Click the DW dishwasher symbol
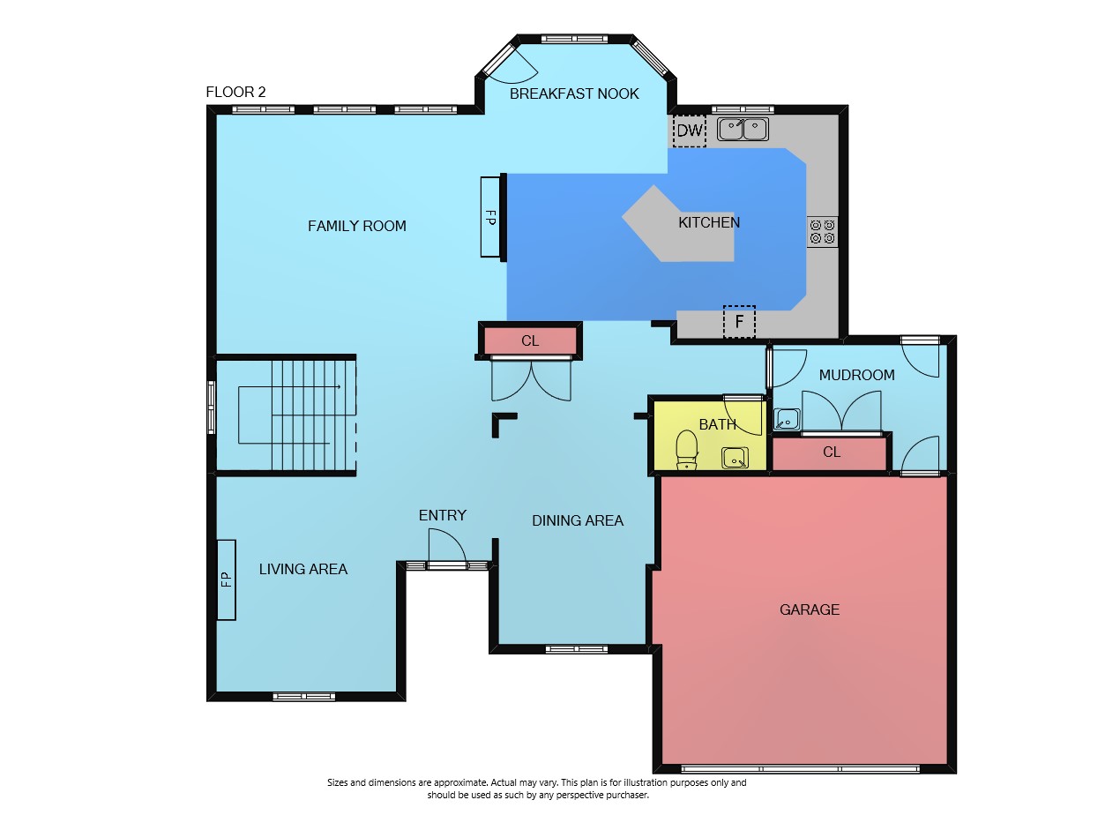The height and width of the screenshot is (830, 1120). tap(690, 131)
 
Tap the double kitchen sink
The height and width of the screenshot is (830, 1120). tap(743, 130)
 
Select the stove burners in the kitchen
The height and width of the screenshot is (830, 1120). tap(822, 232)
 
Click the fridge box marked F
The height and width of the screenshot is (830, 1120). tap(739, 321)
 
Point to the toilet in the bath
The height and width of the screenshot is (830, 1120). tap(686, 449)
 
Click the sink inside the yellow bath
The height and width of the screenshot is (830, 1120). tap(735, 458)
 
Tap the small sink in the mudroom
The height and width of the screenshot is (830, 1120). tap(787, 419)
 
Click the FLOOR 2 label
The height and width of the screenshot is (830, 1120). tap(235, 92)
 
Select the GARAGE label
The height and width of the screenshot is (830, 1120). tap(810, 609)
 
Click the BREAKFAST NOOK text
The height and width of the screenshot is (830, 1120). tap(574, 94)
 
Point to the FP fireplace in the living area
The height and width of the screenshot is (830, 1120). tap(227, 580)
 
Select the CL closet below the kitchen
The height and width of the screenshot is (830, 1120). tap(530, 341)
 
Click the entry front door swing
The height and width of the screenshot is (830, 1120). tap(446, 548)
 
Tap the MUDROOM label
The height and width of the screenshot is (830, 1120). tap(856, 375)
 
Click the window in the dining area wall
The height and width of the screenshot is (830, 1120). tap(577, 648)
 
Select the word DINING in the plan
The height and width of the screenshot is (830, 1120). tap(557, 520)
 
